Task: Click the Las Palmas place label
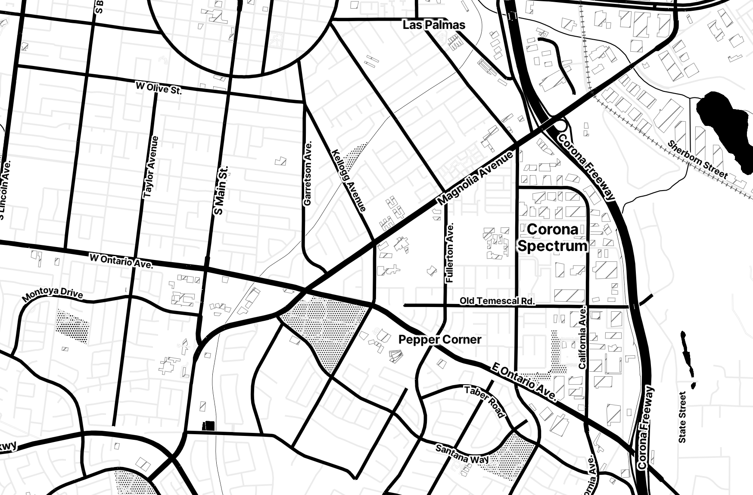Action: click(x=434, y=25)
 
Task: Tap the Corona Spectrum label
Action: click(x=553, y=237)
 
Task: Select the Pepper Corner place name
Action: click(x=439, y=340)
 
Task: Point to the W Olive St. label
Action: click(x=159, y=88)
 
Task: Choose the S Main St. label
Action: click(x=222, y=190)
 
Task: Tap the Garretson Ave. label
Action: click(x=308, y=173)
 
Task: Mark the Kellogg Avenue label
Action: click(x=349, y=181)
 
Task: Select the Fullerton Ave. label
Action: click(x=451, y=253)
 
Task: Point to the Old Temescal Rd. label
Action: click(x=497, y=301)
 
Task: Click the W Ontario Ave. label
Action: click(x=121, y=261)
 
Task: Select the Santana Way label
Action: click(x=462, y=454)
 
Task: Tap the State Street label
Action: click(x=682, y=417)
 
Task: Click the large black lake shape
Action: click(x=724, y=129)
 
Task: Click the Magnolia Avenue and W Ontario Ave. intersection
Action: click(x=305, y=289)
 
